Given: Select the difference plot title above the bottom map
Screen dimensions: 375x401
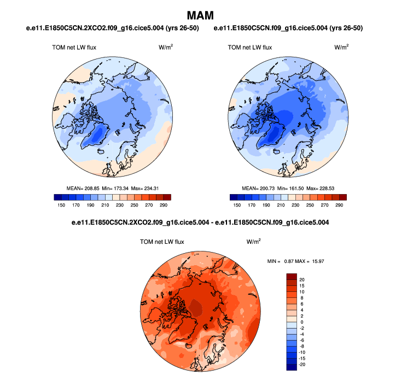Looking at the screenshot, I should pos(200,223).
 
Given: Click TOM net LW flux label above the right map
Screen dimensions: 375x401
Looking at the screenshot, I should pos(249,48).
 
